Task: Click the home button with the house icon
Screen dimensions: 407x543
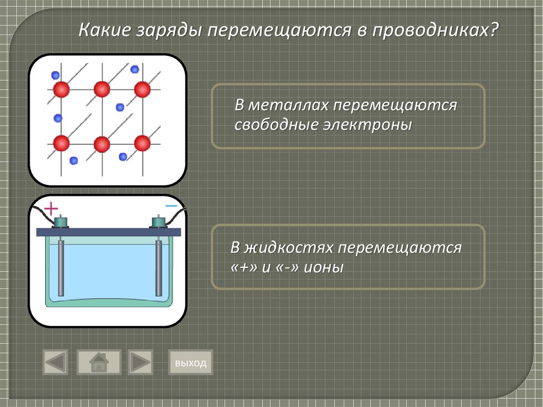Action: coord(99,362)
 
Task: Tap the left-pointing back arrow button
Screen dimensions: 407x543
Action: coord(56,362)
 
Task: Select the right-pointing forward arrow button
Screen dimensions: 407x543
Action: coord(140,362)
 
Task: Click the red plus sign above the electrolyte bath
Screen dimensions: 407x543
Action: coord(50,207)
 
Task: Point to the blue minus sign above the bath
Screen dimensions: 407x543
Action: coord(171,205)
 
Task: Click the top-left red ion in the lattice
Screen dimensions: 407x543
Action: coord(61,89)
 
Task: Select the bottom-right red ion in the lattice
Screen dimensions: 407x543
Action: coord(142,143)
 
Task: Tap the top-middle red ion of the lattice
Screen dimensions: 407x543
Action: coord(102,89)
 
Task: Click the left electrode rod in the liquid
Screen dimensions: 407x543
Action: coord(62,268)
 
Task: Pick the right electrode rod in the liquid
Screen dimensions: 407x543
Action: coord(159,268)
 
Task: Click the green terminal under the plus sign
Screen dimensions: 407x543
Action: coord(62,222)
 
